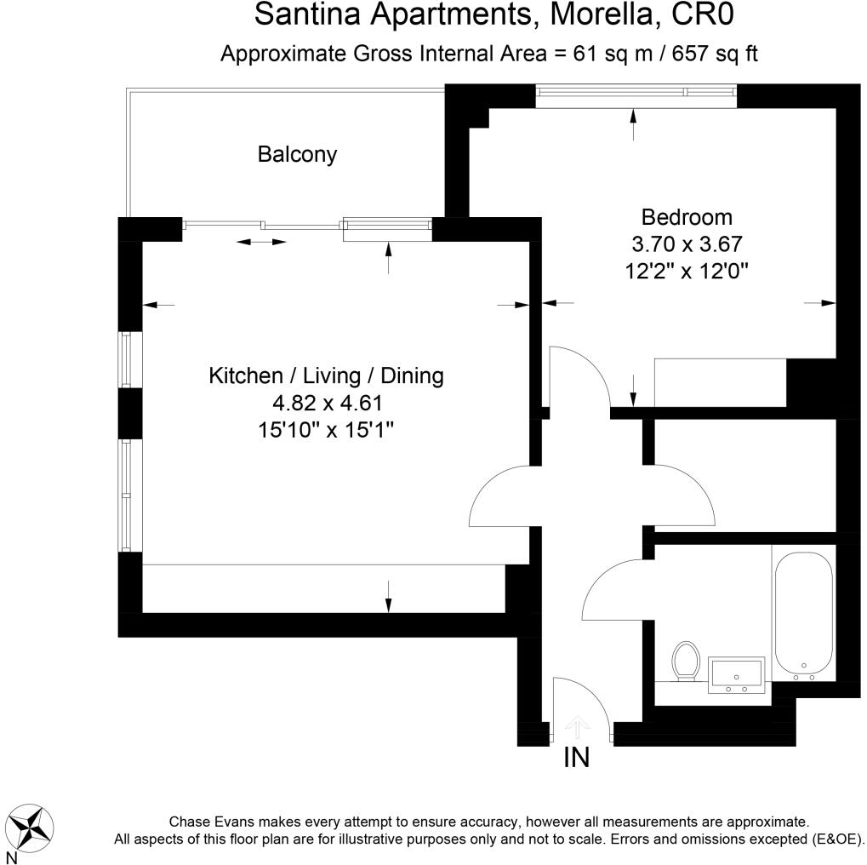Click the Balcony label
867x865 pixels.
(297, 155)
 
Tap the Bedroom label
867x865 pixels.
(687, 216)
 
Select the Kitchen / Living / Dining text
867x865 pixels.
(327, 375)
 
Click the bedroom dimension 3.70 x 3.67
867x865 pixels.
(687, 244)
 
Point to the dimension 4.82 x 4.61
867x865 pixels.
(327, 403)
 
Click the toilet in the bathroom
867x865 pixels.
(686, 662)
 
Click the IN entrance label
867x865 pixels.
(577, 758)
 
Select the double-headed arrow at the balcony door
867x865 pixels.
(261, 243)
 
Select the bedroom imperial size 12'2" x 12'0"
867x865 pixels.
(687, 272)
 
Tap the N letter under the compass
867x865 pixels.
(11, 857)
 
